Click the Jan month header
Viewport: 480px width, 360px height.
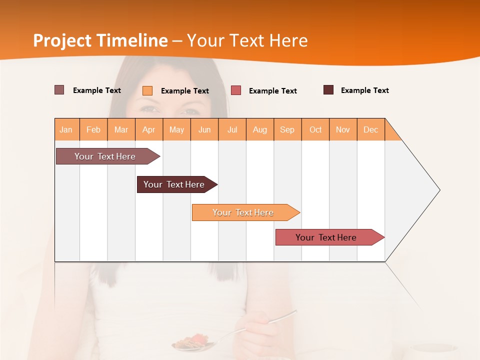(x=66, y=129)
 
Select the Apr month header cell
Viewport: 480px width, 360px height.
(x=149, y=129)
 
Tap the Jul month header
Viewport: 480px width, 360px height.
(x=232, y=129)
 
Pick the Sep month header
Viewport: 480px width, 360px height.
(x=287, y=129)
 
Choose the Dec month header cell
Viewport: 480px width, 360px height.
(x=370, y=129)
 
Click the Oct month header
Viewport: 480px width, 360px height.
(x=315, y=129)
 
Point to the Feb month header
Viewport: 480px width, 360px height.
(x=93, y=129)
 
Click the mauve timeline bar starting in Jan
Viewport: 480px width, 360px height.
(x=105, y=156)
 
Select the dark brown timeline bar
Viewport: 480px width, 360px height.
(x=174, y=184)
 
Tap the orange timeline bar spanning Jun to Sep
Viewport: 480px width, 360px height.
(x=243, y=212)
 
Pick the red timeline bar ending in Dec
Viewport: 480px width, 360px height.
(x=326, y=237)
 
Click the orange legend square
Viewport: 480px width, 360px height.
(x=147, y=90)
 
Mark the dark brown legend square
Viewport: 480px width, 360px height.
(x=328, y=90)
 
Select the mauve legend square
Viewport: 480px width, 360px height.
(x=59, y=90)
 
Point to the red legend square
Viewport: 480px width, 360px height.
(x=236, y=90)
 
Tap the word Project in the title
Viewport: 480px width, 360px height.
(x=62, y=40)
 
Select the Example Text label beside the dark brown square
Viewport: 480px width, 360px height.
(x=364, y=90)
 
